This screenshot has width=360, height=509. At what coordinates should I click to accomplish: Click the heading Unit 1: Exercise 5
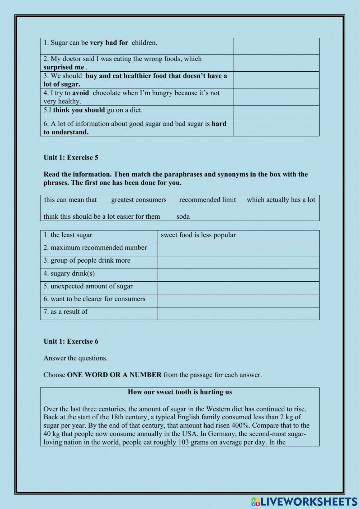[71, 157]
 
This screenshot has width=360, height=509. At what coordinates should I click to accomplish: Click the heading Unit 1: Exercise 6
[71, 341]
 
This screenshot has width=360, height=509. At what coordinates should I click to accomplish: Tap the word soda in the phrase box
[183, 216]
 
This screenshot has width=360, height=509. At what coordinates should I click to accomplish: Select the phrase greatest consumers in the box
[139, 200]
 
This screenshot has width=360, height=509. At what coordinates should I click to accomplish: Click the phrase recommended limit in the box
[207, 200]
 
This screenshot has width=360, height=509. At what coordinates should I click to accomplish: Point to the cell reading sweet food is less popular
[198, 235]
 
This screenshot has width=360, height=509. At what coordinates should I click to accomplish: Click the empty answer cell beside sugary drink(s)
[238, 275]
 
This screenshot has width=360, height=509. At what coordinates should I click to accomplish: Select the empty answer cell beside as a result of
[238, 313]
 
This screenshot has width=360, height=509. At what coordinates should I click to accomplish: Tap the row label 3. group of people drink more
[87, 260]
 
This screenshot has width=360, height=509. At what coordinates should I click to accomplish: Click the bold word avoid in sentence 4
[80, 93]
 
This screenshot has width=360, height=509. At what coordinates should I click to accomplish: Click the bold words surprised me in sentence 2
[64, 67]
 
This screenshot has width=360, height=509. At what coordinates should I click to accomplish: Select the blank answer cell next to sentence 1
[276, 46]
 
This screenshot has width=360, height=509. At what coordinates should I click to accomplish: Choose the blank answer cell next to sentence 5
[276, 112]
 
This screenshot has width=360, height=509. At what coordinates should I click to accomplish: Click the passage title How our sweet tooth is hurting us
[180, 392]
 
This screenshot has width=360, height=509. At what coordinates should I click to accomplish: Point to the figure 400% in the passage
[239, 425]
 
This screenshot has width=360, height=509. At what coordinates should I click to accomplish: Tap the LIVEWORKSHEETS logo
[304, 501]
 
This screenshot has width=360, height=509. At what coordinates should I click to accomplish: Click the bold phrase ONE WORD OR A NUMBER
[114, 375]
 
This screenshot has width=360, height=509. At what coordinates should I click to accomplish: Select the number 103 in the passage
[184, 442]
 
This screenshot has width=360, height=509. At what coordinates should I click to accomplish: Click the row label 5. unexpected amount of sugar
[88, 286]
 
